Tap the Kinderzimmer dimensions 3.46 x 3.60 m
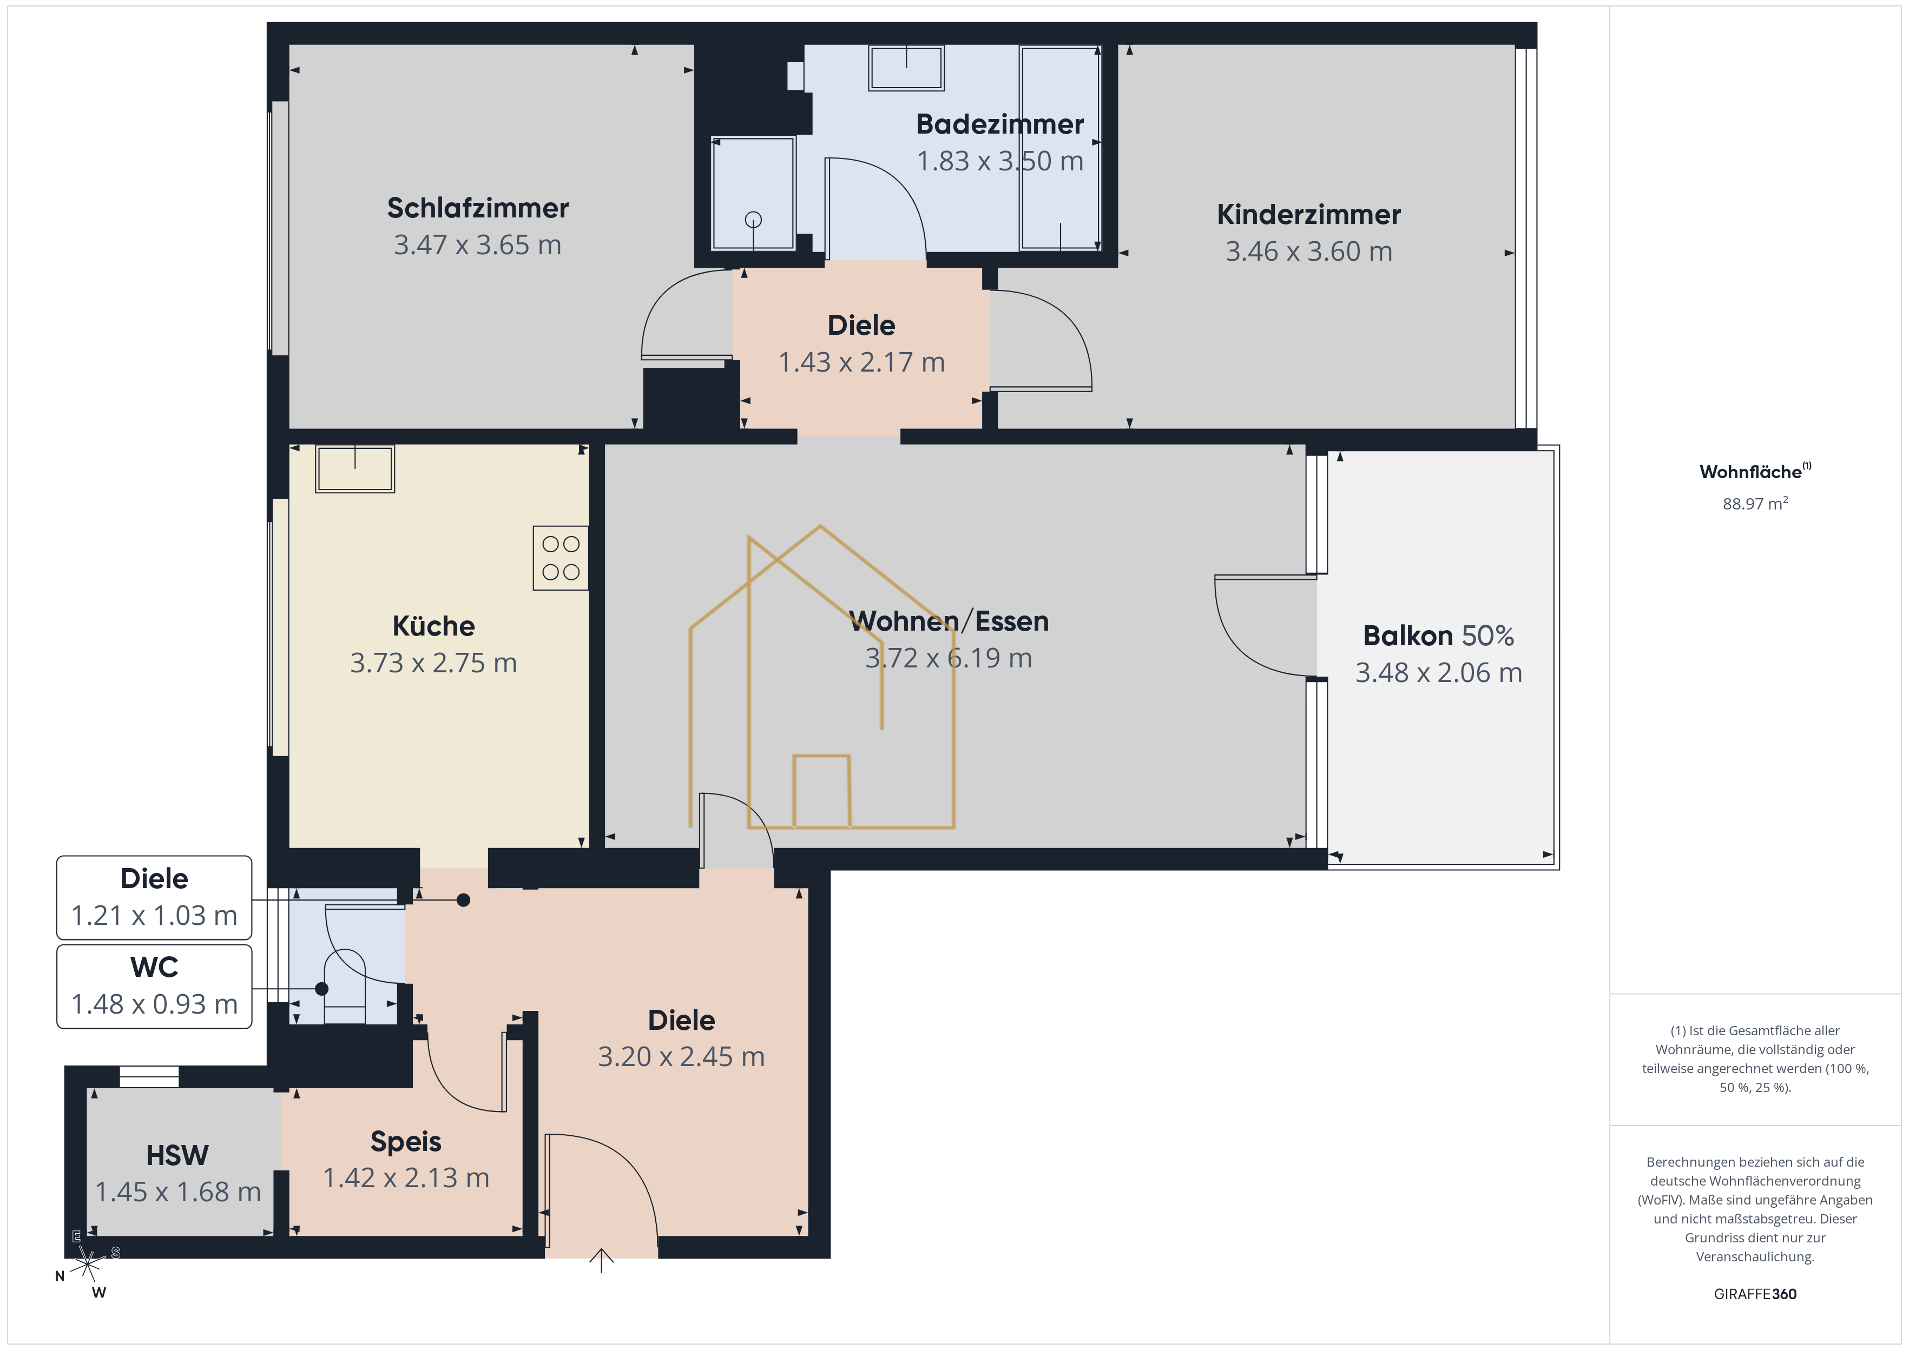[x=1309, y=251]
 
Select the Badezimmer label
[x=999, y=124]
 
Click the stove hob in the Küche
[x=561, y=558]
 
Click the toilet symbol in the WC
[x=344, y=986]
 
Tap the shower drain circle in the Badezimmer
[x=753, y=220]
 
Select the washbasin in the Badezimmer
[x=906, y=67]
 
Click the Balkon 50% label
[x=1438, y=636]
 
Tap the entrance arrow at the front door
[x=601, y=1260]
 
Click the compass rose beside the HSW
[x=87, y=1265]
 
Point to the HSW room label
[x=177, y=1155]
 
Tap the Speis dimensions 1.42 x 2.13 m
[x=406, y=1178]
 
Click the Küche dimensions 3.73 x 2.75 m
[x=433, y=663]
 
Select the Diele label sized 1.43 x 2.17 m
[x=861, y=325]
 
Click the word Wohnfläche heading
[x=1750, y=472]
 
